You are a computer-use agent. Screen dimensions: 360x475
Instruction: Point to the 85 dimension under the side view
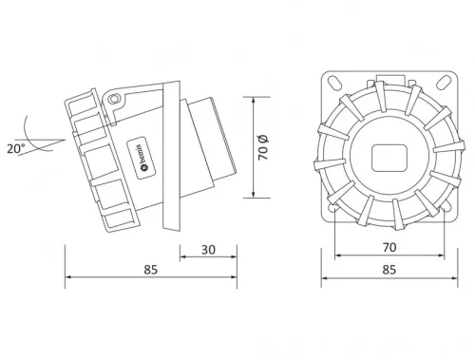150,271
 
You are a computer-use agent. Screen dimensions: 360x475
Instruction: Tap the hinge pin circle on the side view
115,99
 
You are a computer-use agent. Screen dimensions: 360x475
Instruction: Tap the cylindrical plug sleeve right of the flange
211,147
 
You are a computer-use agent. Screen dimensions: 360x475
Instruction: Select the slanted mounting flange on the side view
172,156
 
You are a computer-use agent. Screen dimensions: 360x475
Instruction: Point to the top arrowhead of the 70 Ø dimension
254,100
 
